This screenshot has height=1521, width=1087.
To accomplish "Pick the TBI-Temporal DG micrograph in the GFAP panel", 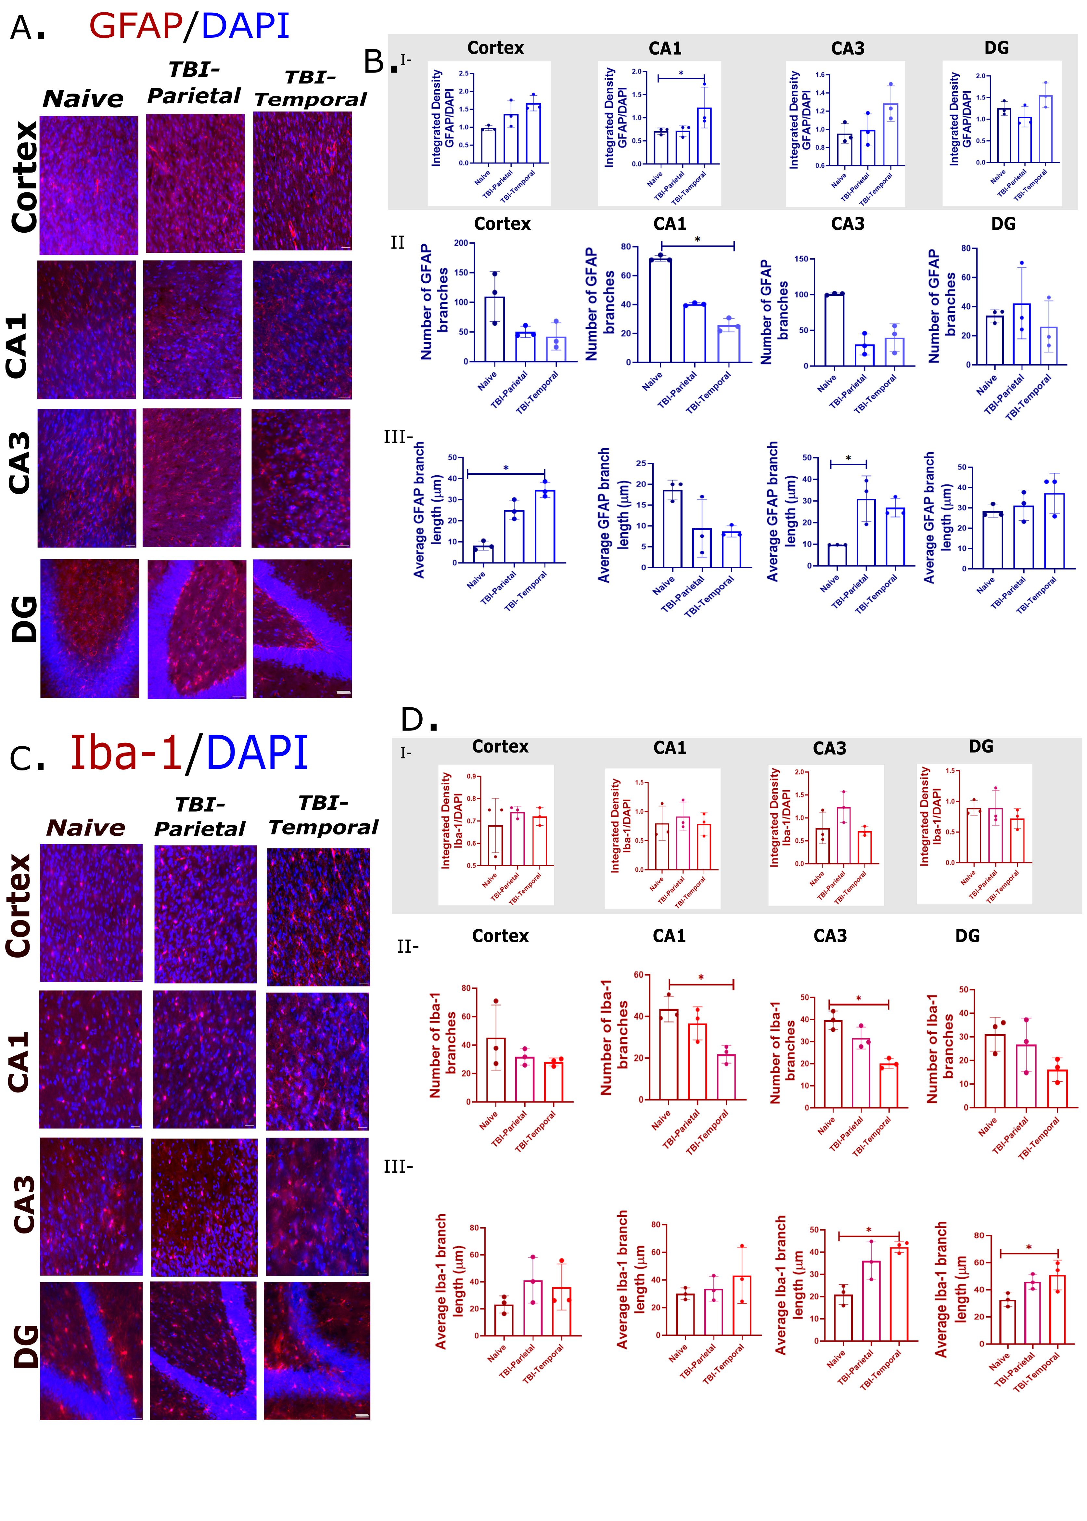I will (302, 629).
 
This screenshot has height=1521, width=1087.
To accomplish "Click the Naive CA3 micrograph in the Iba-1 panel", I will (91, 1206).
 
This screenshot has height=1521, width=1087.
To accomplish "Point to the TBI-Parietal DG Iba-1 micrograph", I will (203, 1350).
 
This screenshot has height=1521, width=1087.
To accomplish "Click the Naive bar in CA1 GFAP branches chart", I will (660, 311).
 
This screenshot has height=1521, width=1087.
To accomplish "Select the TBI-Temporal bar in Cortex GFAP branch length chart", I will (545, 526).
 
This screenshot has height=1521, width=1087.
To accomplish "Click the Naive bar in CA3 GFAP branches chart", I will (835, 329).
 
